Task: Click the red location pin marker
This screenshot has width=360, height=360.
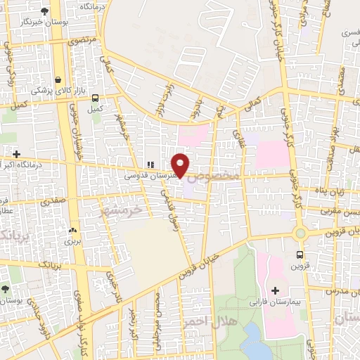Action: click(x=181, y=165)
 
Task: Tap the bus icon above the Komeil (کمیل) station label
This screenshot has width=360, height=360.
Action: click(x=95, y=99)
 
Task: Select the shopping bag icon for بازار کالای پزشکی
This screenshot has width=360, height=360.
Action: click(x=58, y=79)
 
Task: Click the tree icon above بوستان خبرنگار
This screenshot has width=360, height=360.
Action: click(x=45, y=11)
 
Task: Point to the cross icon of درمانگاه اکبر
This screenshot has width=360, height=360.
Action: click(x=16, y=153)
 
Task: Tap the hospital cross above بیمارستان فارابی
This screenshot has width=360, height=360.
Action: click(x=275, y=290)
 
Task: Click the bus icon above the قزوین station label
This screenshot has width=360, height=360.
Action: click(x=300, y=255)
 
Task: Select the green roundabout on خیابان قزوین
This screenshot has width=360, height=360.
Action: click(x=300, y=233)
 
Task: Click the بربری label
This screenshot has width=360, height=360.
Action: click(x=73, y=241)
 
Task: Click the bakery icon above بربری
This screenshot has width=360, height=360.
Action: click(x=72, y=230)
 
